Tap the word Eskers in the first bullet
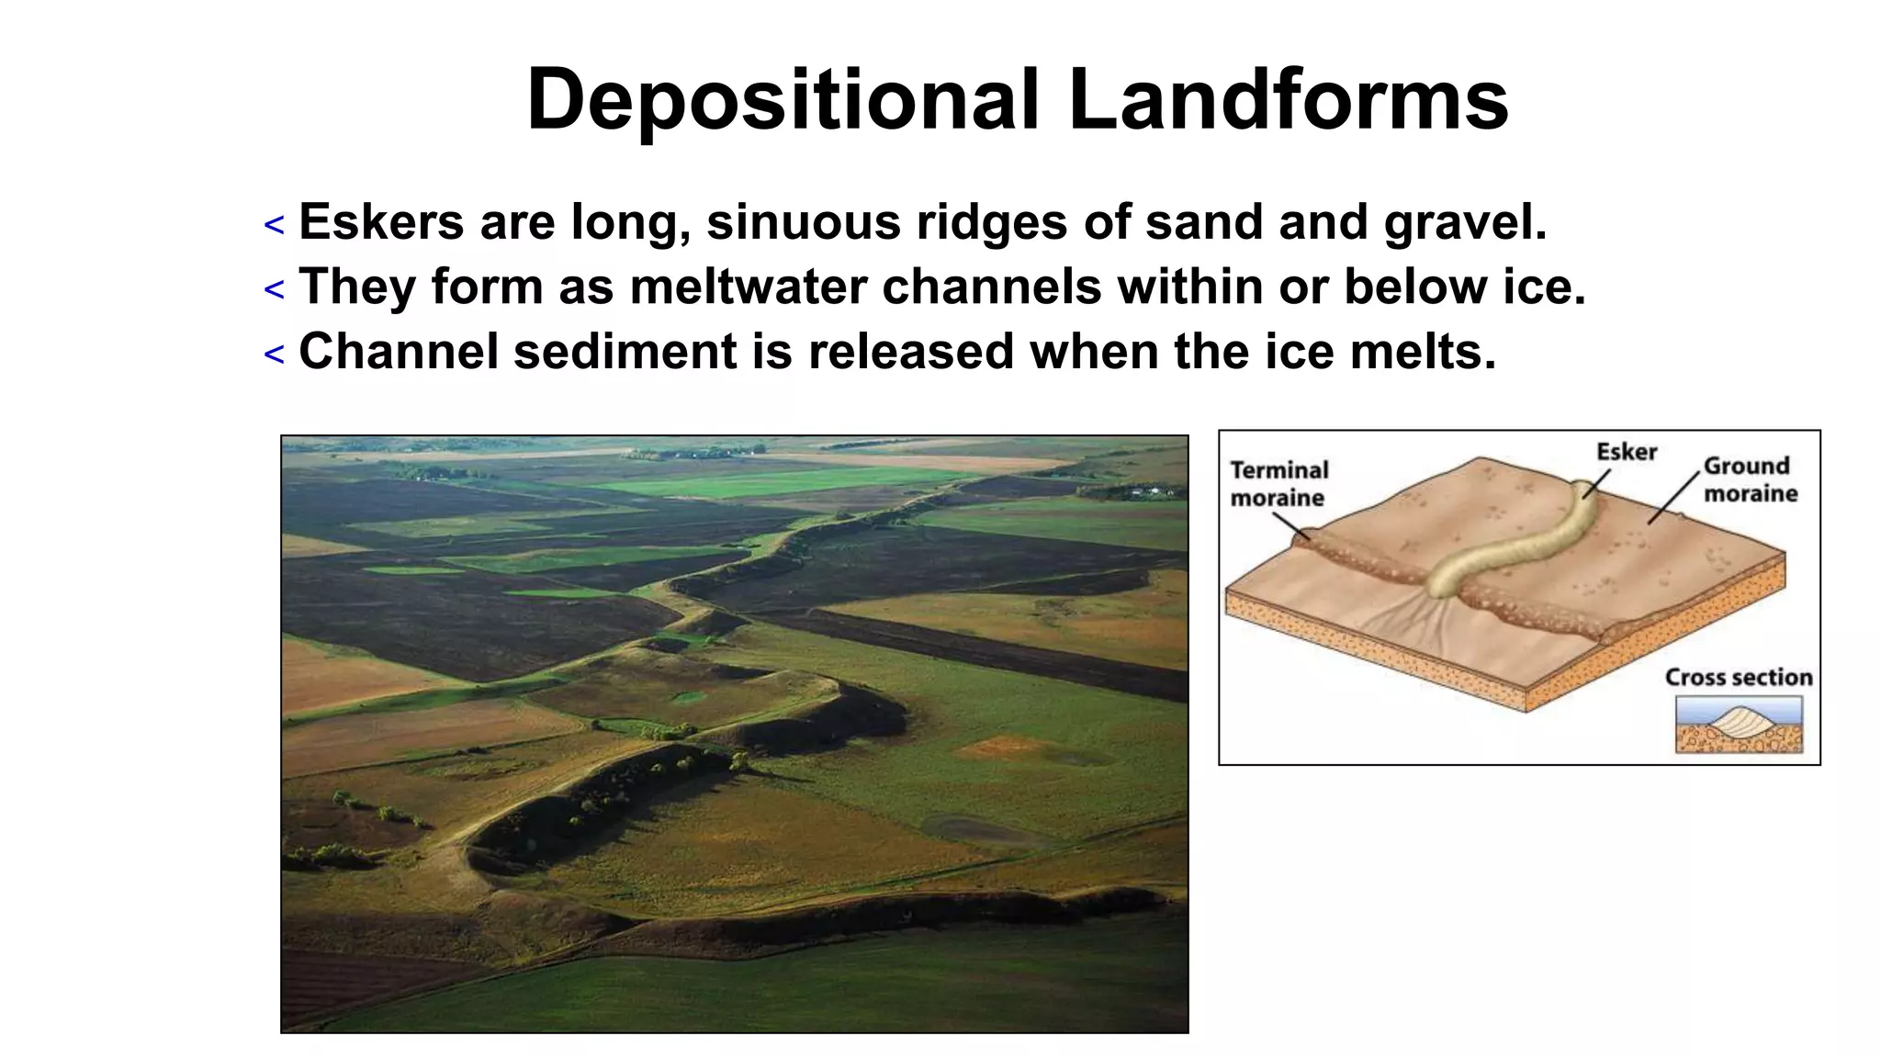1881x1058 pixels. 381,222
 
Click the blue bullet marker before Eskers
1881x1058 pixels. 274,225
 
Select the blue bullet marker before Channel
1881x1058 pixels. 274,355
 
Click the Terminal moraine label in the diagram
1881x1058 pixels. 1278,484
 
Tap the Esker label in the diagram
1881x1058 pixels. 1626,452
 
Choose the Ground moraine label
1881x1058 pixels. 1750,479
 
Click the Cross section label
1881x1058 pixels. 1738,678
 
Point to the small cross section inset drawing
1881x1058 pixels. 1738,724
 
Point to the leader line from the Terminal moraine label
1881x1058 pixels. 1290,526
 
